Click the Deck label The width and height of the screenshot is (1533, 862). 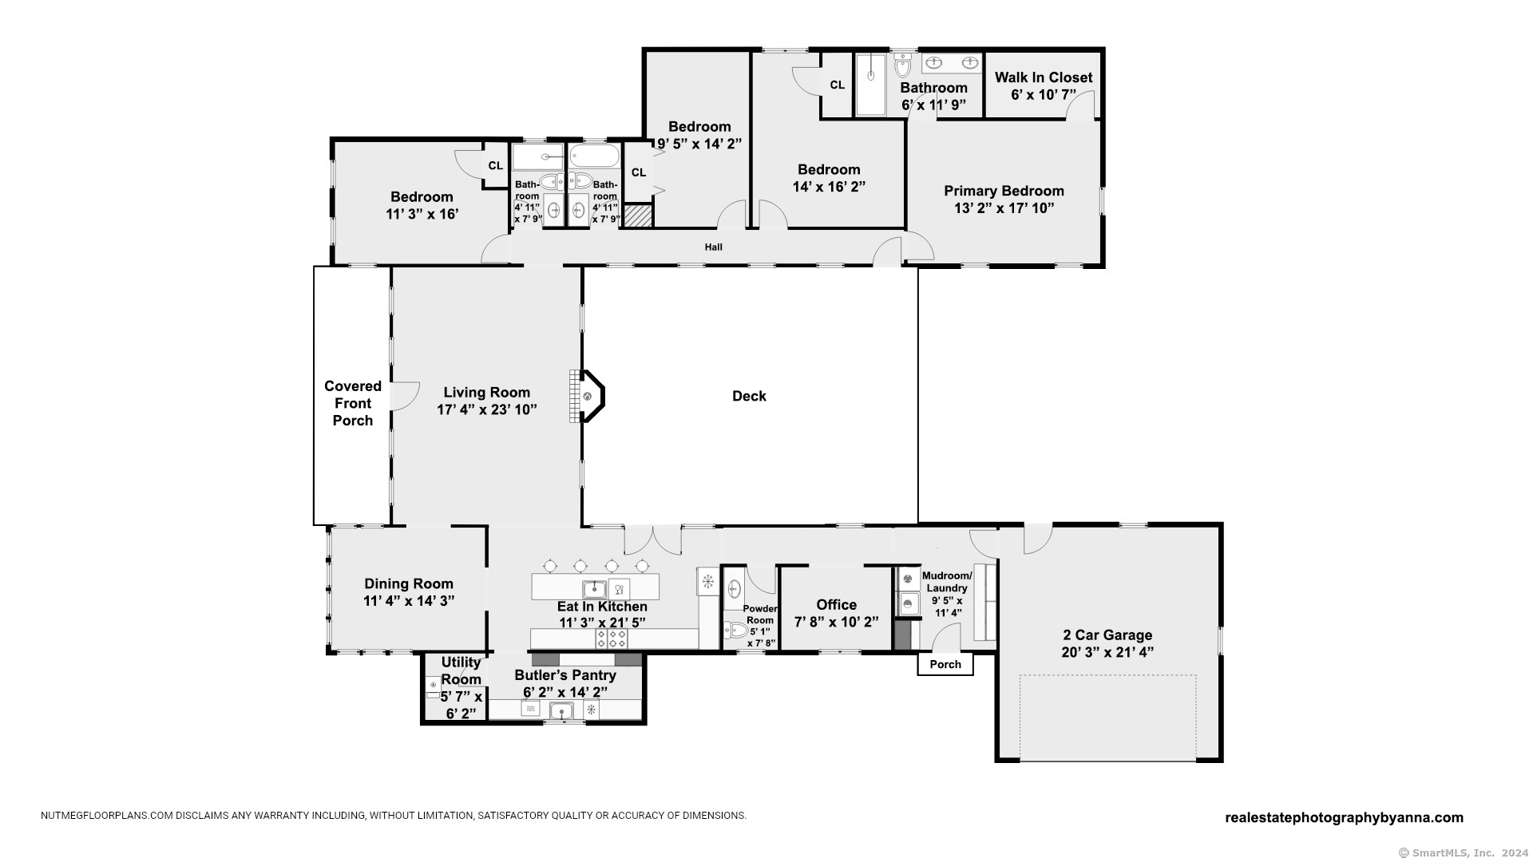[x=749, y=396]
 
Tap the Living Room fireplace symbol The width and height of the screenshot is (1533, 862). [x=588, y=396]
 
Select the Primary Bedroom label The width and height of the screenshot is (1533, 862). [x=1004, y=191]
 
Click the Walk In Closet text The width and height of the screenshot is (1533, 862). [x=1044, y=77]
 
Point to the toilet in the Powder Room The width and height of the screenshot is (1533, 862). [x=734, y=630]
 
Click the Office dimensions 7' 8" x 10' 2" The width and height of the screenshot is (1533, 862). [x=836, y=622]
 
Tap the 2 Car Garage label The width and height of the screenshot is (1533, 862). [x=1107, y=635]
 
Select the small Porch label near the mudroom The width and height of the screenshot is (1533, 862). [x=945, y=664]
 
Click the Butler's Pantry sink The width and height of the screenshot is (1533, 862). [x=562, y=710]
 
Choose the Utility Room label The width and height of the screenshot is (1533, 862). [x=461, y=670]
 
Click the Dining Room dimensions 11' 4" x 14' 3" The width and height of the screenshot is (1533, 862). [x=409, y=601]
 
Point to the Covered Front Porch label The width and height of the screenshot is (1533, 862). [x=353, y=403]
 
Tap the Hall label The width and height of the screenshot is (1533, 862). [x=714, y=247]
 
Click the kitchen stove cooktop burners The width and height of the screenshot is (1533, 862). [x=611, y=639]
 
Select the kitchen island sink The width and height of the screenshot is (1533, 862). [x=594, y=590]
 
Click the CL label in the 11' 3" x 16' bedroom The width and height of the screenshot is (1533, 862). [x=496, y=166]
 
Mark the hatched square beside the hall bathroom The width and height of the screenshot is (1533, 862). [x=638, y=215]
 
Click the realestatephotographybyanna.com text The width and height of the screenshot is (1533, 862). [x=1344, y=817]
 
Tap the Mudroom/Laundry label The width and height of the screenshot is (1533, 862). [x=947, y=582]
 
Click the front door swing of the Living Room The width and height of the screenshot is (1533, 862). [x=405, y=396]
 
